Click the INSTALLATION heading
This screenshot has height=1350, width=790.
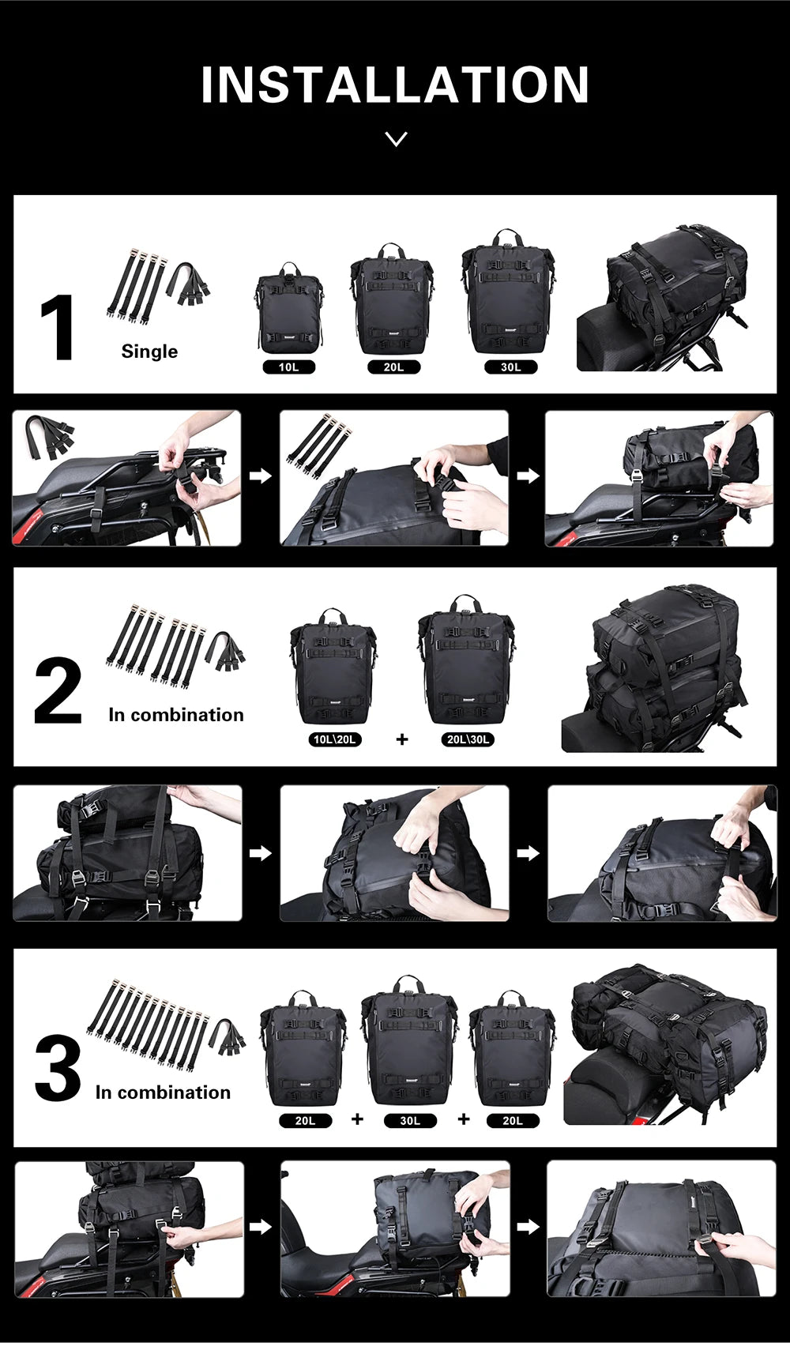coord(395,85)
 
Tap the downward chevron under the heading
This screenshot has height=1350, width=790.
coord(396,139)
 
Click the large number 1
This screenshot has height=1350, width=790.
coord(58,328)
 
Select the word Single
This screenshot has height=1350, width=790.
coord(149,352)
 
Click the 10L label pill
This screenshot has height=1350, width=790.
coord(288,367)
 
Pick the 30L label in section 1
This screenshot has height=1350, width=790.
coord(511,367)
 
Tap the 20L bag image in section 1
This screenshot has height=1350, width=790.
coord(392,300)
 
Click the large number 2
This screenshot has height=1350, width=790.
coord(58,691)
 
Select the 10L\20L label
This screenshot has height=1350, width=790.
coord(335,739)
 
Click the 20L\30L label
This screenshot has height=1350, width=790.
coord(468,739)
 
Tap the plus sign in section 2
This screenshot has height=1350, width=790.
coord(402,739)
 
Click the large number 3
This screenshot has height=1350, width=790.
coord(58,1069)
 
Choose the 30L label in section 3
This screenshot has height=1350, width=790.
coord(410,1120)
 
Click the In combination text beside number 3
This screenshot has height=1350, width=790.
coord(163,1092)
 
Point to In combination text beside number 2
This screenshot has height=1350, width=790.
coord(175,715)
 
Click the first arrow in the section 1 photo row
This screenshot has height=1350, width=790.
coord(260,476)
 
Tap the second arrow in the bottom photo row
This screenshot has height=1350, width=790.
coord(528,1227)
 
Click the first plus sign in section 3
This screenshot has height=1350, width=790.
coord(357,1119)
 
